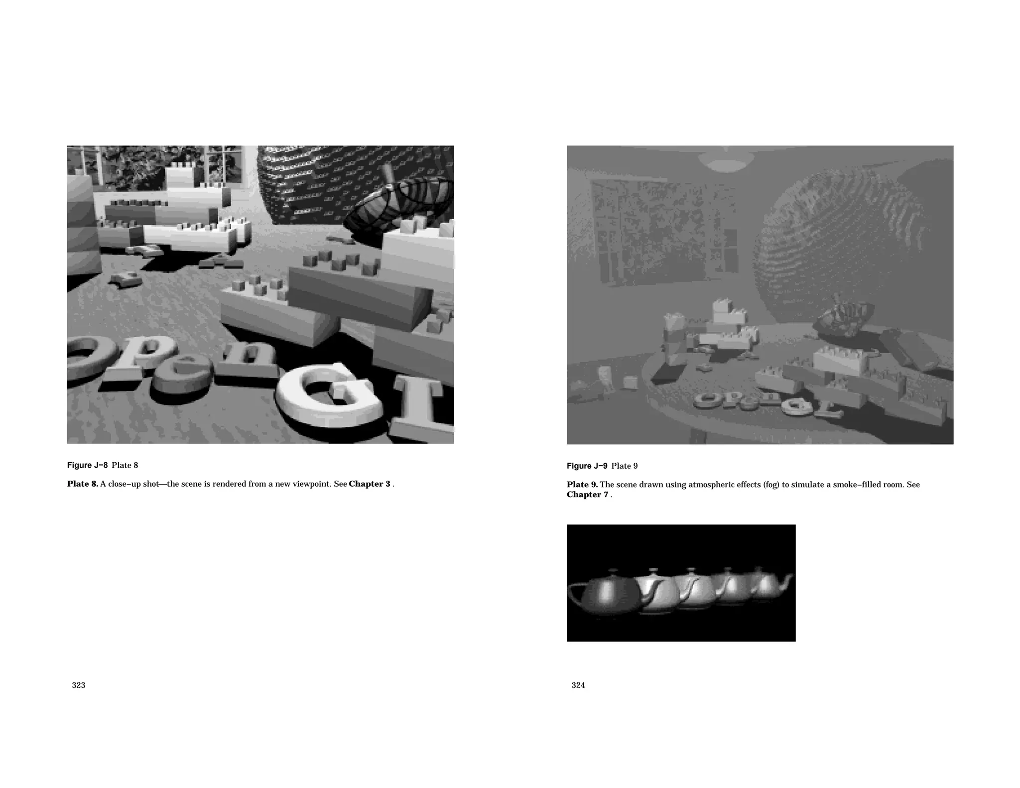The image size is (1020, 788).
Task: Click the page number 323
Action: coord(79,685)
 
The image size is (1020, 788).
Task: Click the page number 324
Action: coord(578,685)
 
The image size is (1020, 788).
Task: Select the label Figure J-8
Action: coord(87,465)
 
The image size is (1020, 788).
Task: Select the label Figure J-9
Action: coord(587,466)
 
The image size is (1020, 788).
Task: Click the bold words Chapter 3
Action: coord(370,484)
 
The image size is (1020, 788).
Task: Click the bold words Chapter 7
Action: coord(587,495)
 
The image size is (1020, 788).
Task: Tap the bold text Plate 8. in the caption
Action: coord(83,484)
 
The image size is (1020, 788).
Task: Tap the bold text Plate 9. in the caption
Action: coord(582,485)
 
